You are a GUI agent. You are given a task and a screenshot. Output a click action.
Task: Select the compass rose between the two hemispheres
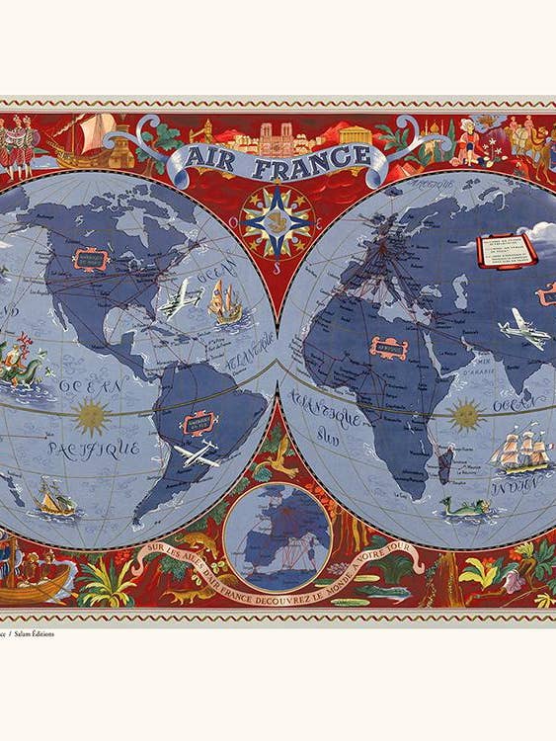click(x=278, y=220)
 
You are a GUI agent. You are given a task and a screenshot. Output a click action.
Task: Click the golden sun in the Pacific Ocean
click(x=92, y=416)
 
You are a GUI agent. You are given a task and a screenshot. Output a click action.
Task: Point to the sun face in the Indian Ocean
click(x=465, y=415)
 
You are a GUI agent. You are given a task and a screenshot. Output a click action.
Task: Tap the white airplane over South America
click(x=197, y=453)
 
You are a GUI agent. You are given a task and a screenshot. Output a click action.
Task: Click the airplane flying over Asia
click(x=523, y=329)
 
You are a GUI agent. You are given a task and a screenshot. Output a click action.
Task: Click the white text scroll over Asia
click(x=506, y=249)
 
